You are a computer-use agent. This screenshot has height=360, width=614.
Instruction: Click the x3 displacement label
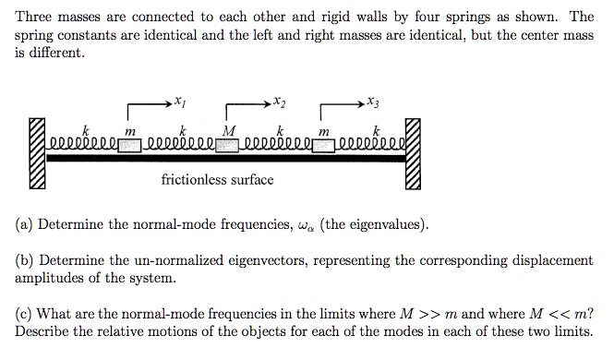click(x=372, y=102)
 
